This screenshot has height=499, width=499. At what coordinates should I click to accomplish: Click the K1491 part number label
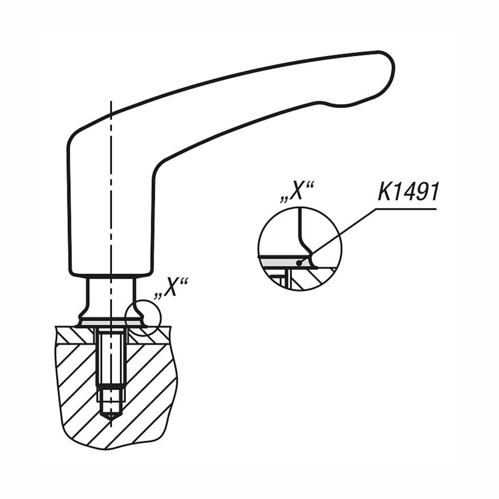tap(408, 192)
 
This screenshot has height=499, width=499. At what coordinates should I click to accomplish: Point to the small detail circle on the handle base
tap(143, 317)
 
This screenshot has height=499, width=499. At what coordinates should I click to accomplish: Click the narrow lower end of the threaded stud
tap(111, 401)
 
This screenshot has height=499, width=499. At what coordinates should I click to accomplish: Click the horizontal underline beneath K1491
tap(406, 209)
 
